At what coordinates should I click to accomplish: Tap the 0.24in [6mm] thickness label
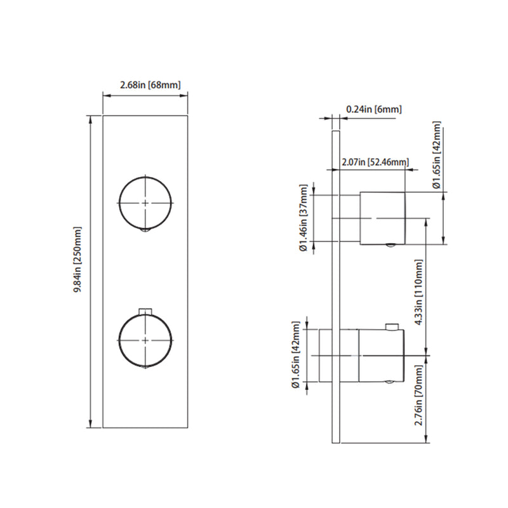[374, 109]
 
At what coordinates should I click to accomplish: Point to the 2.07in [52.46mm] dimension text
[375, 162]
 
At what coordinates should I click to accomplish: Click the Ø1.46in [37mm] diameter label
[304, 218]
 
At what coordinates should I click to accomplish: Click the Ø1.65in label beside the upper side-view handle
[437, 155]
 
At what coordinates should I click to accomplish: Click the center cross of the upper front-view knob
[146, 202]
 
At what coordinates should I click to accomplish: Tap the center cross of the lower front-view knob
[146, 340]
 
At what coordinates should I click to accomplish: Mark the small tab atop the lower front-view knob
[146, 311]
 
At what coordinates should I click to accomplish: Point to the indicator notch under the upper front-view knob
[146, 231]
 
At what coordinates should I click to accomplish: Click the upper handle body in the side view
[382, 218]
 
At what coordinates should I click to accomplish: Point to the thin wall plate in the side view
[336, 286]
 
